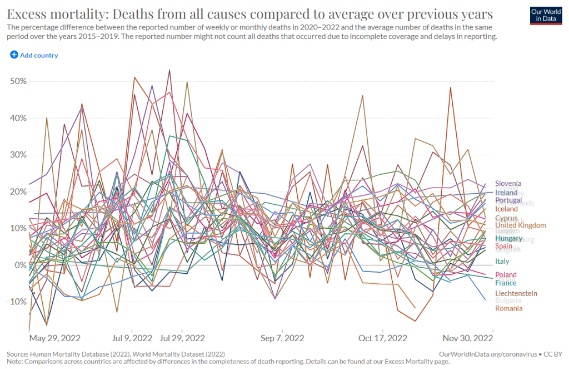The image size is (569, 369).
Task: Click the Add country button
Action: click(34, 55)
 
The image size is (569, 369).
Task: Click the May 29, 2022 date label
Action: click(55, 338)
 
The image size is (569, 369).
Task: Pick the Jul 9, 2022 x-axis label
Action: click(132, 338)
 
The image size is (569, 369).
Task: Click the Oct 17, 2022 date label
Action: click(383, 338)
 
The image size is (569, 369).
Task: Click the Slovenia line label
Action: click(508, 184)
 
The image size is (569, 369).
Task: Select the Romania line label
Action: click(509, 308)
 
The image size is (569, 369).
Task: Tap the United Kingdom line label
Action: click(520, 225)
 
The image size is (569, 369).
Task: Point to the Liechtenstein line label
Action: click(516, 293)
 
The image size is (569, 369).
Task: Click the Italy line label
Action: click(502, 262)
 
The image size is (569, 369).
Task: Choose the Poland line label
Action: click(506, 275)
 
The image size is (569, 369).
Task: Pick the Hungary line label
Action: click(508, 238)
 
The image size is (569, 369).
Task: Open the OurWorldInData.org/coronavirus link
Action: click(486, 354)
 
